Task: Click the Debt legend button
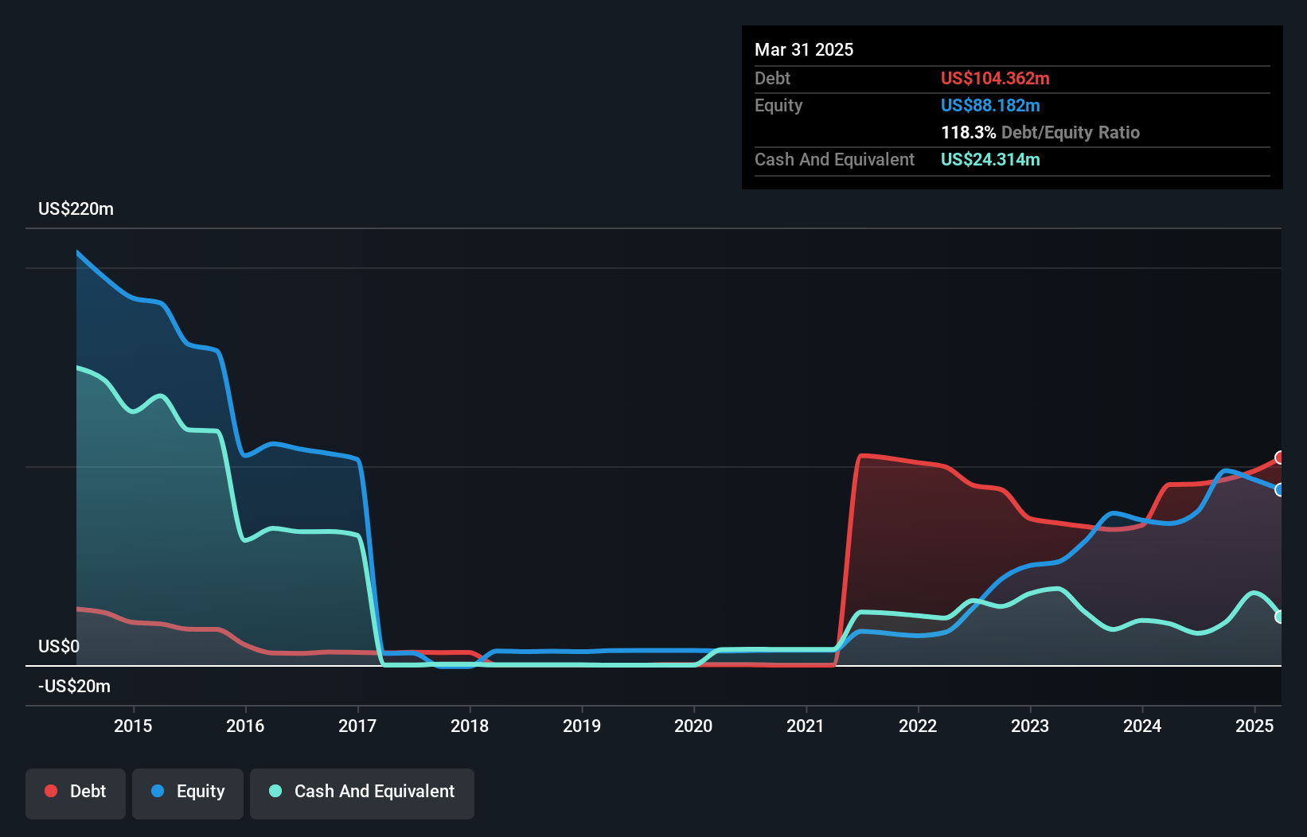[76, 792]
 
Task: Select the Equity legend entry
[188, 792]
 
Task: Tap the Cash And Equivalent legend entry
[362, 792]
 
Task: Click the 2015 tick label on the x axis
[133, 726]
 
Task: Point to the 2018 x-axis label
[470, 726]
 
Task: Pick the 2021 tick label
[806, 726]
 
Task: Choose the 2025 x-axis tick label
[1254, 726]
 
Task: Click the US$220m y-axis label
[76, 209]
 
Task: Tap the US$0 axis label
[59, 646]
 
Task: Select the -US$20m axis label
[74, 686]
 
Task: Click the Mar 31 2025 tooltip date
[804, 49]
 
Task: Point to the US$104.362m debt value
[995, 78]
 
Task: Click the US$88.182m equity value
[990, 105]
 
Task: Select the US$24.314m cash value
[990, 159]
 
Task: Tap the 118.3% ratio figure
[968, 132]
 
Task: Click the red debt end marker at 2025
[1279, 457]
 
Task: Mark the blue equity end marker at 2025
[1279, 489]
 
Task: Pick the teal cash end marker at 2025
[1279, 617]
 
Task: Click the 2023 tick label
[1030, 726]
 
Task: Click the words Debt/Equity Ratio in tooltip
[1071, 132]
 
